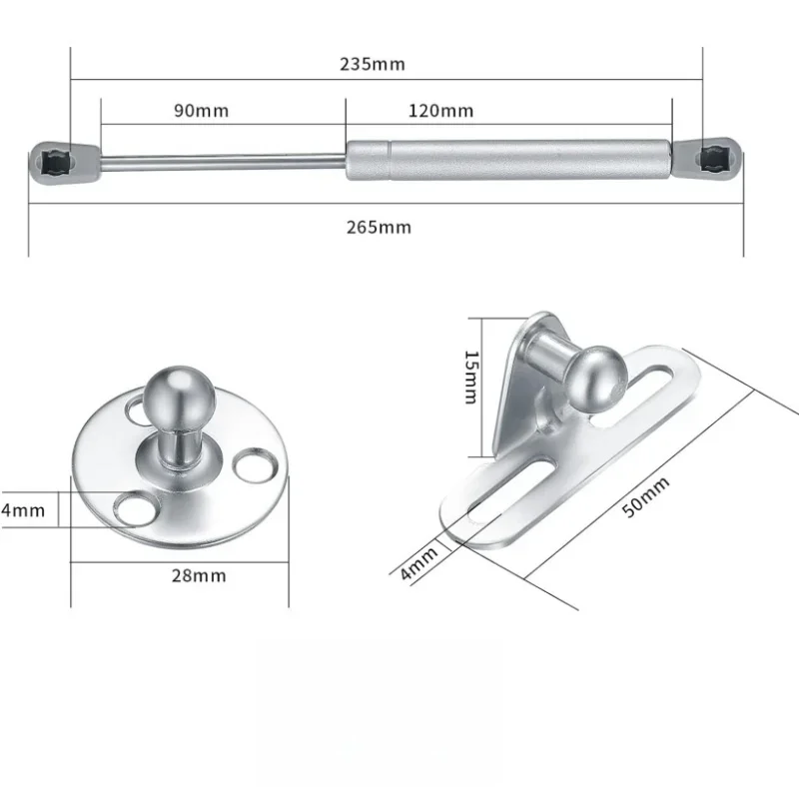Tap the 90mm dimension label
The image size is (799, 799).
(x=201, y=111)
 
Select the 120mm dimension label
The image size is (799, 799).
(x=440, y=111)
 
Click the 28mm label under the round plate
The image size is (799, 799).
(x=198, y=575)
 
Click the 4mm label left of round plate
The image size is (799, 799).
(x=22, y=510)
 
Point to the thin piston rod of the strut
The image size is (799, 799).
(x=220, y=160)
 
